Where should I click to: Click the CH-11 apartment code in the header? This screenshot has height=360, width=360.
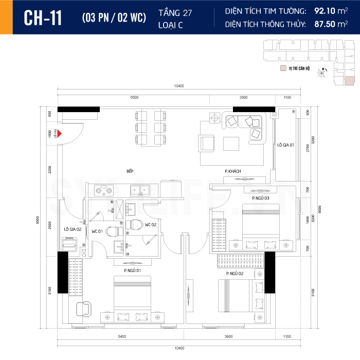[43, 17]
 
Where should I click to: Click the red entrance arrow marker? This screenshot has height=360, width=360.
[60, 134]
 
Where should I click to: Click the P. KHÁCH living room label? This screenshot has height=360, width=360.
[232, 171]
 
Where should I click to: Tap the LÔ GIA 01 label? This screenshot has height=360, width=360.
[285, 145]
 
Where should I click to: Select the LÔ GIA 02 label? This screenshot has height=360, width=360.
[73, 228]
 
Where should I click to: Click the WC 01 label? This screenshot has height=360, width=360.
[97, 231]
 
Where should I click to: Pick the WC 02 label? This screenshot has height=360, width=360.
[151, 225]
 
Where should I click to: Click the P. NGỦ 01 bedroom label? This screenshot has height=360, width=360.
[132, 270]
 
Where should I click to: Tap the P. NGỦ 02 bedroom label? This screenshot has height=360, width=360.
[235, 274]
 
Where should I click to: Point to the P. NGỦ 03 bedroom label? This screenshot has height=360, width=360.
[260, 197]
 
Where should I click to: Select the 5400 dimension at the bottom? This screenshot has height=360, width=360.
[121, 336]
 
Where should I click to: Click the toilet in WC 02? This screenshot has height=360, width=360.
[135, 225]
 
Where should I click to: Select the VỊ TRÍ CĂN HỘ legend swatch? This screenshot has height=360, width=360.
[282, 68]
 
